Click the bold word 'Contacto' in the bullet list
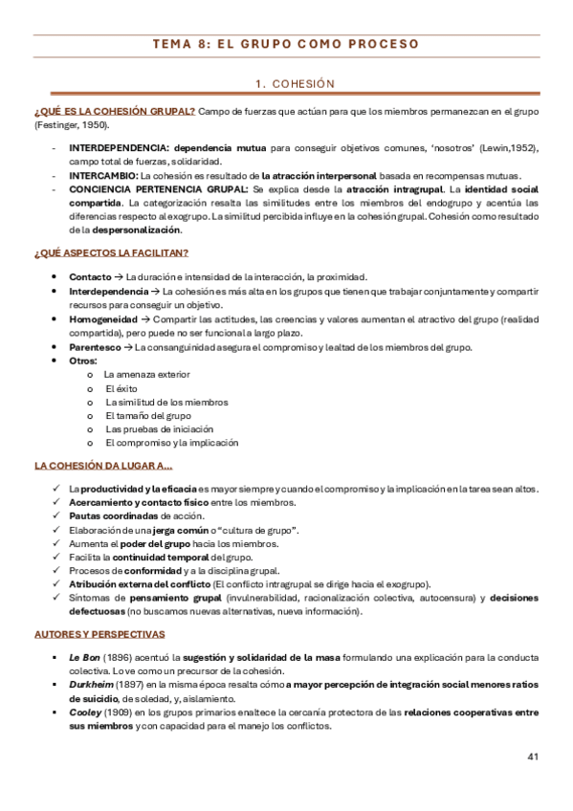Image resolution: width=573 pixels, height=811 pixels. (x=90, y=276)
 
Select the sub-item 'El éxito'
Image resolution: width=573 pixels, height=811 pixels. (x=121, y=388)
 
